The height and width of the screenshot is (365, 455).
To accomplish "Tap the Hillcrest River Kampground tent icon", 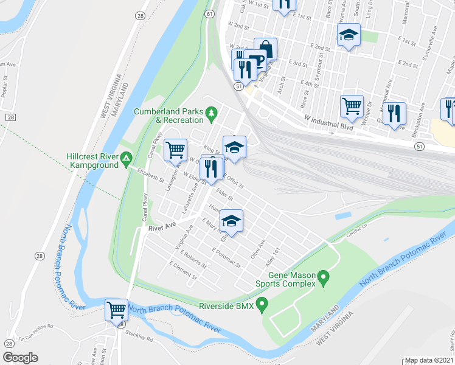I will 126,160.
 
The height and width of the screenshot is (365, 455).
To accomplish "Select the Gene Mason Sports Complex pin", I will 324,280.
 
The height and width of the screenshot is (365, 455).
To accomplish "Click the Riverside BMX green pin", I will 262,304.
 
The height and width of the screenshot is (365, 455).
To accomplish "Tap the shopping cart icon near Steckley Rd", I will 116,310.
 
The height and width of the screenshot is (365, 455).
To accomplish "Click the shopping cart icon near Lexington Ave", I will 175,149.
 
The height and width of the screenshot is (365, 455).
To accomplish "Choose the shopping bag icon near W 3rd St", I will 266,48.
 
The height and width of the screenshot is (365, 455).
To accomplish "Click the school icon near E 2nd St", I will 349,35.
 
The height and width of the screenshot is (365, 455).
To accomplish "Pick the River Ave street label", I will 162,227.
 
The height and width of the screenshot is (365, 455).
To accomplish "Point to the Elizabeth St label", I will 150,176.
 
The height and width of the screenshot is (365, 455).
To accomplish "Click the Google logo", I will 20,358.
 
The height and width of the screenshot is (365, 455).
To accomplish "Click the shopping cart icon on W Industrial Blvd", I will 352,106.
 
